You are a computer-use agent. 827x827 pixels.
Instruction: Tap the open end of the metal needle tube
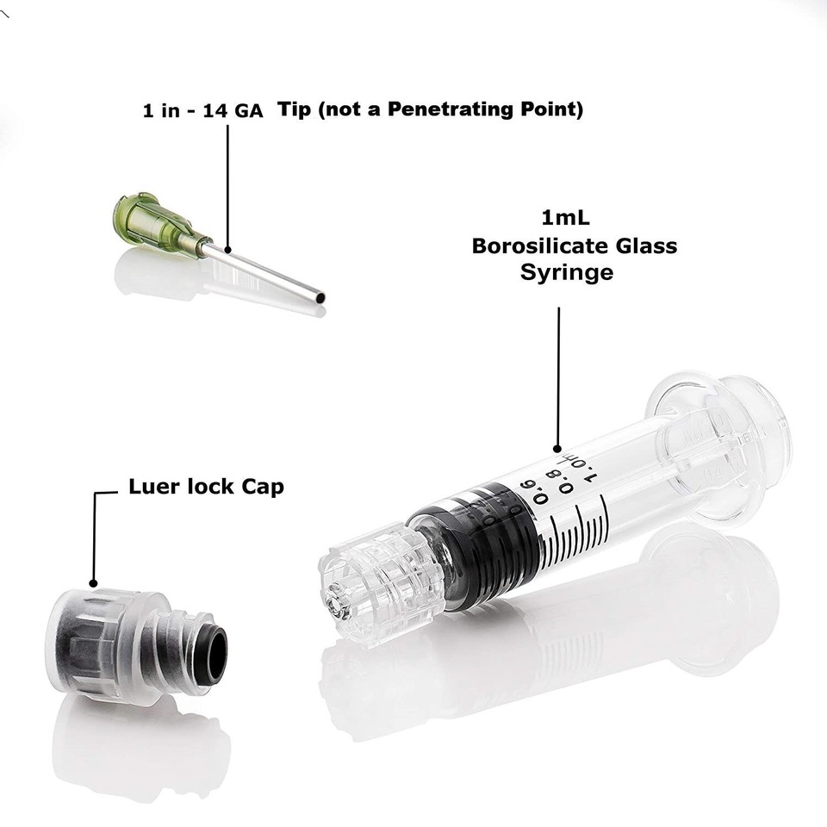(320, 298)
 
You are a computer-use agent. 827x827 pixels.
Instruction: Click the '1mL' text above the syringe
(564, 216)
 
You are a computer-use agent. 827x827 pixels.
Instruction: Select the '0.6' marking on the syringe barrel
(541, 498)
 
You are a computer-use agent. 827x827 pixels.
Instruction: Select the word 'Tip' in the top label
(295, 109)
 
